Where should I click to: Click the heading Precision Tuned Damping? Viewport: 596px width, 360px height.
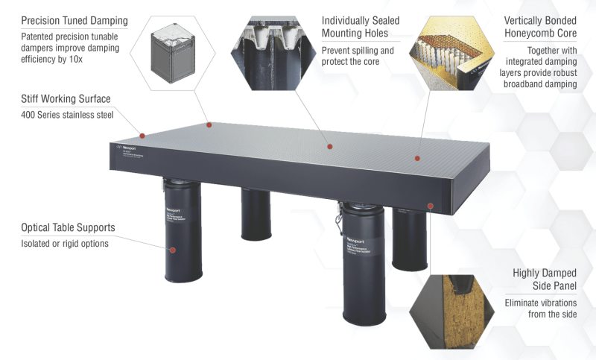pos(74,20)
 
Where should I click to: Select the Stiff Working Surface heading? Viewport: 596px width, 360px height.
pos(67,98)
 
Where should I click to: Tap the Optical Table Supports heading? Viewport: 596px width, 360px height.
pos(68,227)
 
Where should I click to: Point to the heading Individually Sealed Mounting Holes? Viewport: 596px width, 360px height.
pos(361,27)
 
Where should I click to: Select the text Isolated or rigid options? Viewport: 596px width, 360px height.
pos(64,244)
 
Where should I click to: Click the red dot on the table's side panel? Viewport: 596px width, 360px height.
pos(430,203)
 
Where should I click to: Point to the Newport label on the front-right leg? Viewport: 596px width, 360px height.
pos(355,224)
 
